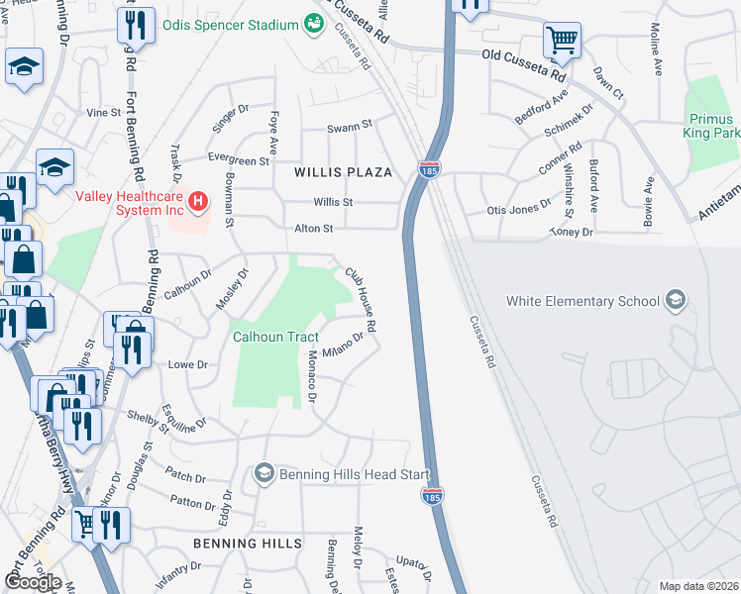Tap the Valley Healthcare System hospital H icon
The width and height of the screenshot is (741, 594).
coord(199,203)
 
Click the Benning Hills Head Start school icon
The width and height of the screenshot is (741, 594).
coord(264,474)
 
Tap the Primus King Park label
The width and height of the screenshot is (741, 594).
coord(713,126)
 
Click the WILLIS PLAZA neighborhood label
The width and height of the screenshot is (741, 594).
coord(343,172)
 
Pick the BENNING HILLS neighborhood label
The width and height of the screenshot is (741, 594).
coord(247,544)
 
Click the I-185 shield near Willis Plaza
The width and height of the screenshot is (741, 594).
coord(430,171)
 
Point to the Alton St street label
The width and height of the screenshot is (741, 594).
coord(312,228)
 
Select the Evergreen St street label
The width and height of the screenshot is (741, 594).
coord(238,159)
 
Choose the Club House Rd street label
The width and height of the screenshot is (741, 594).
coord(361,299)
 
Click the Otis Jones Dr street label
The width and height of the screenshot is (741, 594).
coord(518,210)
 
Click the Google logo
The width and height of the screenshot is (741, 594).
coord(32,582)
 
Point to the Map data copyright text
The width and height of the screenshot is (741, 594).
coord(698,586)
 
